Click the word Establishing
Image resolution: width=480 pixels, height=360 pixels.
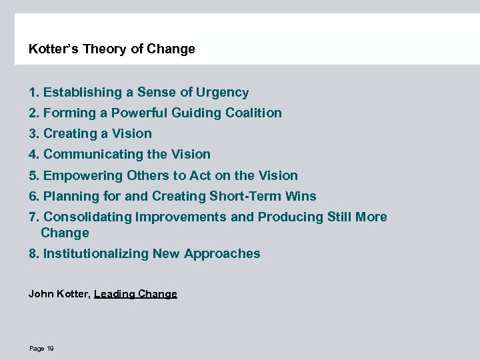[x=83, y=93]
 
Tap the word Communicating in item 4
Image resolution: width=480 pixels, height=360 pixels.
[x=89, y=155]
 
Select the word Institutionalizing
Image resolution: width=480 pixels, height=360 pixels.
[x=96, y=254]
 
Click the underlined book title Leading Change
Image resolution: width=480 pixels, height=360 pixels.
[x=135, y=294]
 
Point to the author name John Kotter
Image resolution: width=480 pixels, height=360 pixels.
[x=58, y=294]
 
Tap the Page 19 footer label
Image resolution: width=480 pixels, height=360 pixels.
[x=41, y=349]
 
